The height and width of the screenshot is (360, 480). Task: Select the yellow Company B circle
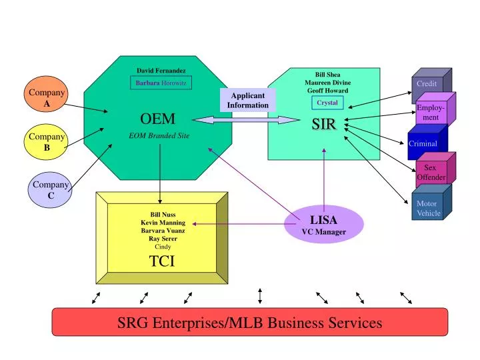[47, 142]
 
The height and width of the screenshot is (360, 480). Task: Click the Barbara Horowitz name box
[161, 83]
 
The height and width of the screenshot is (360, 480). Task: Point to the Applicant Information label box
[248, 100]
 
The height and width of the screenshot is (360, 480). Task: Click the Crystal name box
[327, 103]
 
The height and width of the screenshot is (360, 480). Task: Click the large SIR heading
[324, 125]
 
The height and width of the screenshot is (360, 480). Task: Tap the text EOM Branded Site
[159, 135]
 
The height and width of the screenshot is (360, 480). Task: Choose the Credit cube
[428, 85]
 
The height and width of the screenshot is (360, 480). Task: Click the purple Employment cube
[433, 112]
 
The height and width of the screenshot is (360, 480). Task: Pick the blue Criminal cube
[424, 143]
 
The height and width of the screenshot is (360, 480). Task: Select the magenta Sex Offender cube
[432, 172]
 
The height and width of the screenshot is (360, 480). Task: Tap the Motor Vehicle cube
[429, 207]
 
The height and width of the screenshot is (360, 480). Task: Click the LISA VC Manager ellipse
[324, 224]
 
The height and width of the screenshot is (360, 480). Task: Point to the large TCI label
[162, 261]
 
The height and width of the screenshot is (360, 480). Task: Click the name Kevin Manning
[163, 222]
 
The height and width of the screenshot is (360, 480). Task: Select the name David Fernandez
[161, 70]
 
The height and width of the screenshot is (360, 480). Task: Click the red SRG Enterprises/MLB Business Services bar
[250, 323]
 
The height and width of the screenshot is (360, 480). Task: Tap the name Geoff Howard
[327, 90]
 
